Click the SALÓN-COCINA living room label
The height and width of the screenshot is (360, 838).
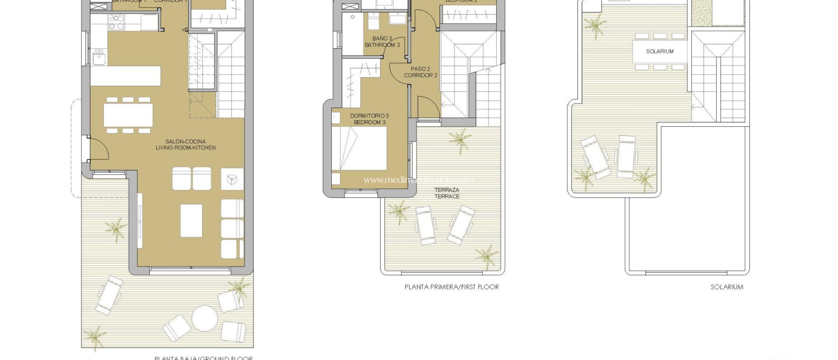coord(185,144)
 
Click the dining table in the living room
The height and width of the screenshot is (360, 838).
coord(128,115)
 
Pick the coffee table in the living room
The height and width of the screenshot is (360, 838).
coord(191,220)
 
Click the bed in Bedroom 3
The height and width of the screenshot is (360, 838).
coord(359,148)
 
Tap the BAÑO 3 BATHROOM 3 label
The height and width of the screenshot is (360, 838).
coord(382,42)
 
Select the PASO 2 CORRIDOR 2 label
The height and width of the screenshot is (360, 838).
coord(420,72)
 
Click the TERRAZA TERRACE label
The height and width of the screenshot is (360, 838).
coord(447,193)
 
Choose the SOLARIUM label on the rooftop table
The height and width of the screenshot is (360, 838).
coord(660,52)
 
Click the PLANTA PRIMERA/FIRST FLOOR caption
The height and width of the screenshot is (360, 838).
coord(452,287)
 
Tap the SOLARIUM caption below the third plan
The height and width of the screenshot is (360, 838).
coord(727,287)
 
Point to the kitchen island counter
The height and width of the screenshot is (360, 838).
coord(125,76)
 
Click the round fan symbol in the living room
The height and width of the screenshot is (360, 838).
coord(232,179)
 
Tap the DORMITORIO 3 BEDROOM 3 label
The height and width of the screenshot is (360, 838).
coord(369,119)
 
